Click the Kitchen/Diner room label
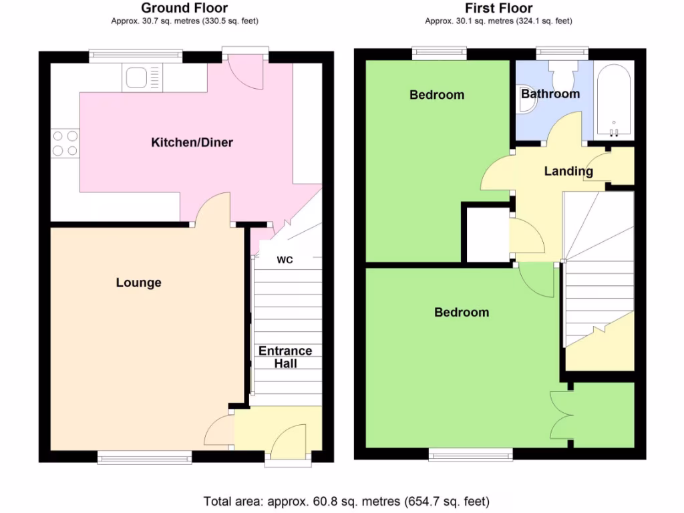[x=192, y=142]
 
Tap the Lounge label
[x=138, y=283]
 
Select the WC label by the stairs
[x=285, y=260]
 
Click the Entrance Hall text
[x=285, y=357]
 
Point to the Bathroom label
[x=550, y=94]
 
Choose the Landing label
[x=568, y=171]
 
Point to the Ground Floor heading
[x=184, y=8]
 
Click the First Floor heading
[x=498, y=8]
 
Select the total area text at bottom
[x=346, y=501]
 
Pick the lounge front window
[x=144, y=457]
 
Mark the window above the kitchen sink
[x=136, y=56]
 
